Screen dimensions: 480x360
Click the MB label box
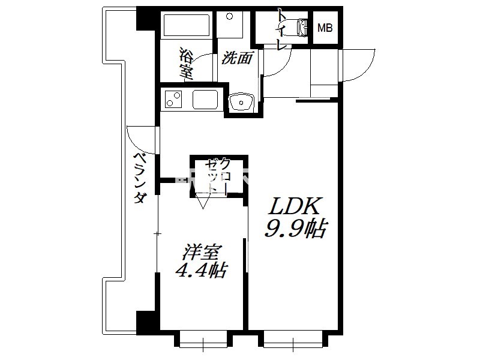tap(325, 28)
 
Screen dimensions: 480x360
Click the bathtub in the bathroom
tap(187, 25)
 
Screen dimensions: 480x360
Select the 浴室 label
tap(186, 64)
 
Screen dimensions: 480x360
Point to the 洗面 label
tap(238, 58)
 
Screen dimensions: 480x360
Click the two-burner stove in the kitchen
tap(173, 99)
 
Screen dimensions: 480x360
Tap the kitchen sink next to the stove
tap(205, 100)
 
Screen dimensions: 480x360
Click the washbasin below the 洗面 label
tap(242, 102)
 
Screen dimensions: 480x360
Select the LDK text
tap(294, 206)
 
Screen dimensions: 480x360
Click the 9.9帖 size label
tap(296, 229)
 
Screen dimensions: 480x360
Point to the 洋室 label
tap(201, 253)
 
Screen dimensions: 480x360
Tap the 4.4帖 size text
tap(201, 270)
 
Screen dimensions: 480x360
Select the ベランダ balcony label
tap(139, 178)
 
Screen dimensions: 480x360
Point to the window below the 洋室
tap(203, 340)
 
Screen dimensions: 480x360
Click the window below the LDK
tap(293, 340)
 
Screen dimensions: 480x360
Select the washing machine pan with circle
tap(230, 25)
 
